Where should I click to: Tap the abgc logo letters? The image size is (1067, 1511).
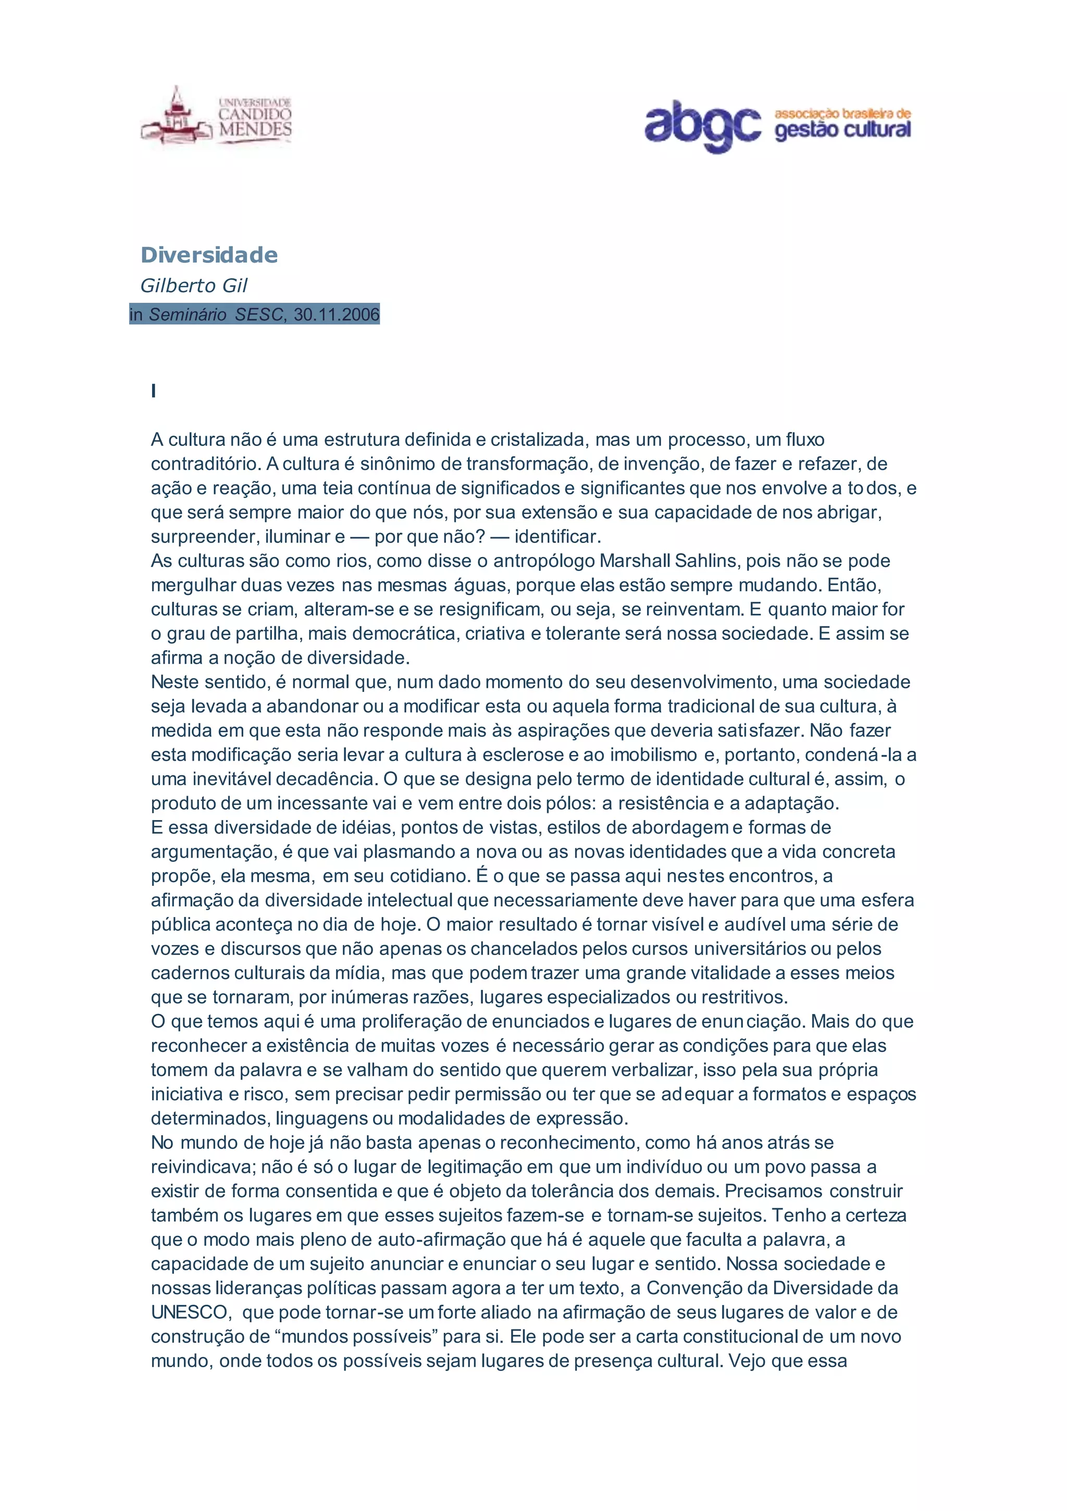click(x=702, y=125)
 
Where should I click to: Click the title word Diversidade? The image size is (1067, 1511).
click(x=209, y=255)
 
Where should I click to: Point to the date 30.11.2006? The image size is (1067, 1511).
click(x=337, y=315)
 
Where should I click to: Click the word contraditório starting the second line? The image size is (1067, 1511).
click(x=205, y=464)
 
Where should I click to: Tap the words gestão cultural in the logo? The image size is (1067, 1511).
click(x=842, y=130)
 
